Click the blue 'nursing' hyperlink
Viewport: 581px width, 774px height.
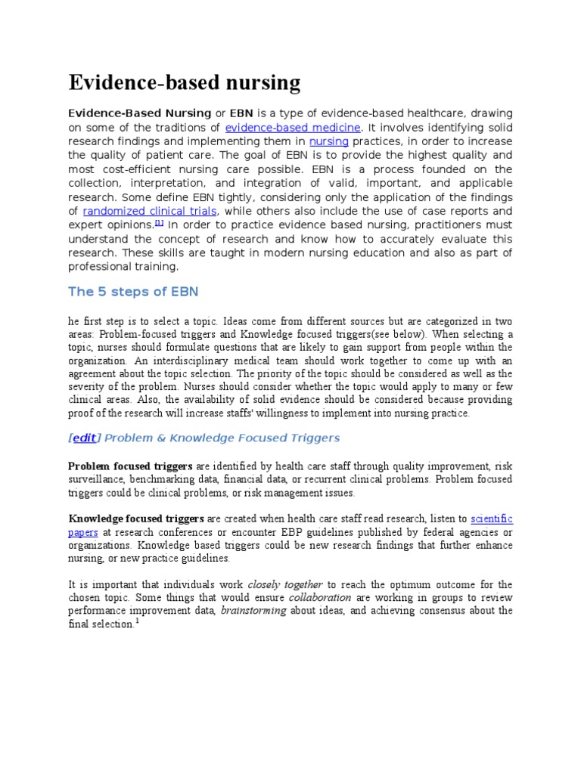328,141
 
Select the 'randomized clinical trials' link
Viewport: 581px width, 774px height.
150,211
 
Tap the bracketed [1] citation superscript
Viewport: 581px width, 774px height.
159,224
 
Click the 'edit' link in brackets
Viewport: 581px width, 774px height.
85,438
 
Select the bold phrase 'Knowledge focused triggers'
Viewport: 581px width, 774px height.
137,519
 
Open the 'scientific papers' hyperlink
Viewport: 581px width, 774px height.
491,519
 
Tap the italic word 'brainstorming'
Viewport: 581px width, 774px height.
253,611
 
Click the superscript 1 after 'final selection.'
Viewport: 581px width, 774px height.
137,621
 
